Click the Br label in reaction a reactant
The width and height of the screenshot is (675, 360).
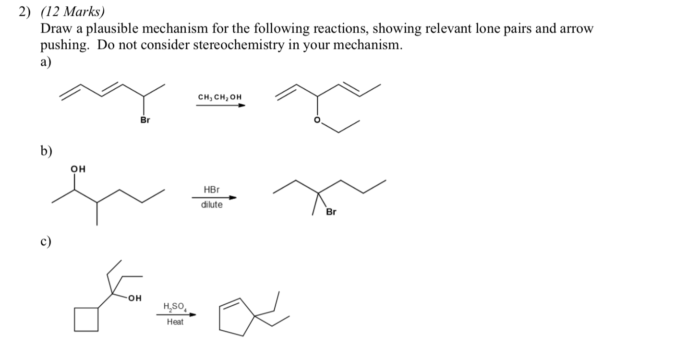pos(145,120)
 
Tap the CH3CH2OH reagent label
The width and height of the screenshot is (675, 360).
pos(220,97)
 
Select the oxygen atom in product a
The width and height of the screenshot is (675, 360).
pos(317,120)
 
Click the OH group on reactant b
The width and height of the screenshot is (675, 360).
pos(78,168)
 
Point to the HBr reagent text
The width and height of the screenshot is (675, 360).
pos(211,190)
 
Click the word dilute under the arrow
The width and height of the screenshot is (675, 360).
pos(212,205)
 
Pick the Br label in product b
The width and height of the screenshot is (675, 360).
pos(331,212)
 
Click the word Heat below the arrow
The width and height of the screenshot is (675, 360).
pos(175,322)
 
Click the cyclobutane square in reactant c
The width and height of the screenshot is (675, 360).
pos(86,319)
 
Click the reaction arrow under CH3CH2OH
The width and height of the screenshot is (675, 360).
pos(220,105)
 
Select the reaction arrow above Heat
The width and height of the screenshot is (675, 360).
pos(176,315)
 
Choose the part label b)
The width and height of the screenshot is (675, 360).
pos(47,151)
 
